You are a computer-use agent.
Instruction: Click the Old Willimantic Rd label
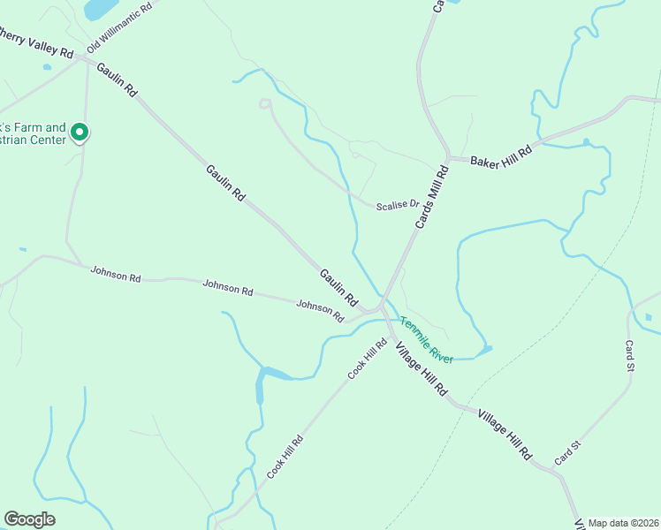pos(119,26)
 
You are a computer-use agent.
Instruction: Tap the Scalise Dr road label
pos(398,205)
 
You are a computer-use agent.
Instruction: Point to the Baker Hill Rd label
pos(503,156)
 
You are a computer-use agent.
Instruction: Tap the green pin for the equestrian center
pos(79,133)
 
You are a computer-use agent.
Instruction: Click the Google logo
pos(29,519)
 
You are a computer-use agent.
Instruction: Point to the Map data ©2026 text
pos(622,523)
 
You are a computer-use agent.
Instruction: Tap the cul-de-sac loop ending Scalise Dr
pos(263,104)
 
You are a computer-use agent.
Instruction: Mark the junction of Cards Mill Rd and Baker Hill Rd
pos(448,159)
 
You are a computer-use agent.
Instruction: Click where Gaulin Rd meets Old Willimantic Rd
pos(82,57)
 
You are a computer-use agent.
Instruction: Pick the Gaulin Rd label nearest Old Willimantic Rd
pos(118,79)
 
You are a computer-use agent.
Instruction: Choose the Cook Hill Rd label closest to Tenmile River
pos(368,359)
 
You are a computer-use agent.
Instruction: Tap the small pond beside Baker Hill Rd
pos(585,141)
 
